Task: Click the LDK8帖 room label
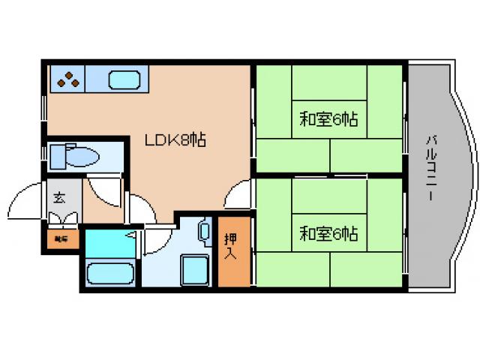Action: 176,139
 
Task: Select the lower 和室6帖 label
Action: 329,233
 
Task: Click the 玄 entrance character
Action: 58,198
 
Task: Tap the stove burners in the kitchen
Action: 67,78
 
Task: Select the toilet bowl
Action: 82,156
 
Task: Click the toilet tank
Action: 57,156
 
